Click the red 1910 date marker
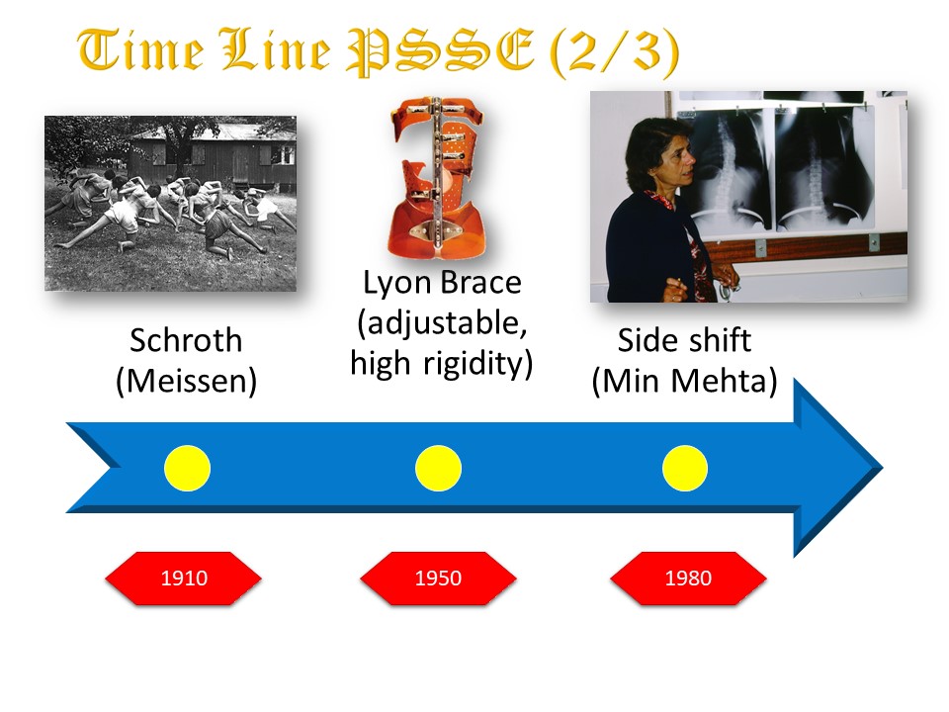(184, 578)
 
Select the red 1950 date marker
(438, 578)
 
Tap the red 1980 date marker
(688, 578)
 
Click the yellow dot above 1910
(188, 468)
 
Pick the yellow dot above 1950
(438, 468)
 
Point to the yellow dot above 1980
(685, 468)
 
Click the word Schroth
(186, 340)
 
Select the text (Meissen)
(187, 382)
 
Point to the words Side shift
(684, 340)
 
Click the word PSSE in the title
(441, 50)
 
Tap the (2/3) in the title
(615, 52)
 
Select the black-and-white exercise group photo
(171, 204)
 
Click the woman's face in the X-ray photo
(673, 160)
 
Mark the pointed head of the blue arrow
(883, 468)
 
